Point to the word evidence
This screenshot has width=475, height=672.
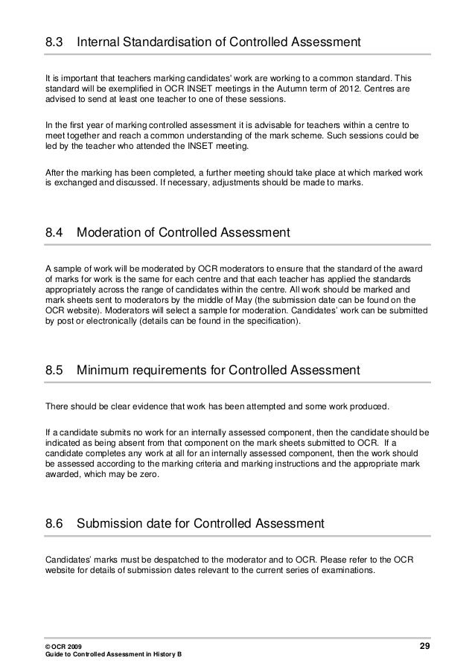tap(129, 405)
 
